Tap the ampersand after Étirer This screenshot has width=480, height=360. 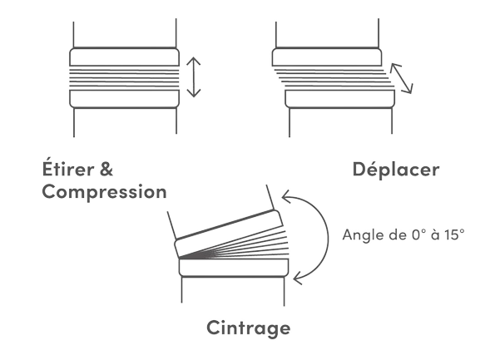(106, 169)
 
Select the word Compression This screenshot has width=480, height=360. (104, 192)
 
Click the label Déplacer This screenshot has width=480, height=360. (396, 169)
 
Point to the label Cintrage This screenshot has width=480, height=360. (249, 328)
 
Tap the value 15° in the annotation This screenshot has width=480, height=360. (455, 234)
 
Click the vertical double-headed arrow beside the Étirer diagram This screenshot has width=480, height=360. (194, 77)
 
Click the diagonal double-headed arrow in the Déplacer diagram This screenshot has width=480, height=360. (401, 78)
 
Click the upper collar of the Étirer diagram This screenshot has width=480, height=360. (124, 57)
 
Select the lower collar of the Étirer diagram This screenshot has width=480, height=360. (124, 99)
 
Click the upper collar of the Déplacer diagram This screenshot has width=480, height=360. (327, 57)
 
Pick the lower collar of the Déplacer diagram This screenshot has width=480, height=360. (340, 99)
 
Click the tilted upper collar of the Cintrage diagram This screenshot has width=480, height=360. (229, 234)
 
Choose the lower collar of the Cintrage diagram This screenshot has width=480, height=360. (234, 268)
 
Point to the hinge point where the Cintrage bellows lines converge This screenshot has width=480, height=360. (180, 258)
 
